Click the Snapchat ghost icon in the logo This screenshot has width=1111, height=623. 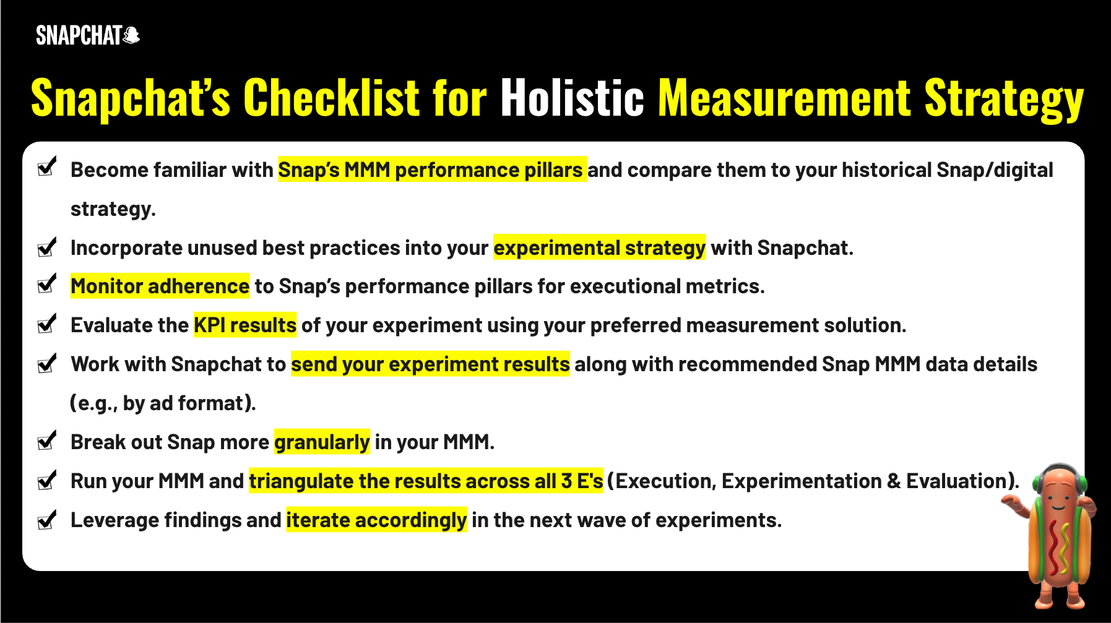131,36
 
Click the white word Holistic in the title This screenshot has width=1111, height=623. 573,98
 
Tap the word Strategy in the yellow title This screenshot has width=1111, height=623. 1004,99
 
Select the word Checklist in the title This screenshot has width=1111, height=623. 331,98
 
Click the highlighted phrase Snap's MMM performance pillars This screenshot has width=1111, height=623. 432,170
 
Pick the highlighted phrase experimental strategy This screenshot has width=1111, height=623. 600,247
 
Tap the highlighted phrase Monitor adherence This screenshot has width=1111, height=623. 160,286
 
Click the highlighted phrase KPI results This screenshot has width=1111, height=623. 245,325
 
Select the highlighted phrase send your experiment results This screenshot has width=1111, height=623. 430,364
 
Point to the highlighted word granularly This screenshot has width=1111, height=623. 322,442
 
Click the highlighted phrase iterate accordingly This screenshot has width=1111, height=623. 376,520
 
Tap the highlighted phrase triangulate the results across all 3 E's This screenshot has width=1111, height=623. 426,481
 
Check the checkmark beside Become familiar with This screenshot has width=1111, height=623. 47,166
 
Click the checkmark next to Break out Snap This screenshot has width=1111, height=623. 47,440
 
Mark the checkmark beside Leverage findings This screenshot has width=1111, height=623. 47,519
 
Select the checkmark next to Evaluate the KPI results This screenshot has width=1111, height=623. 47,323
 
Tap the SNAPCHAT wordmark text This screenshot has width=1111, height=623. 79,36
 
